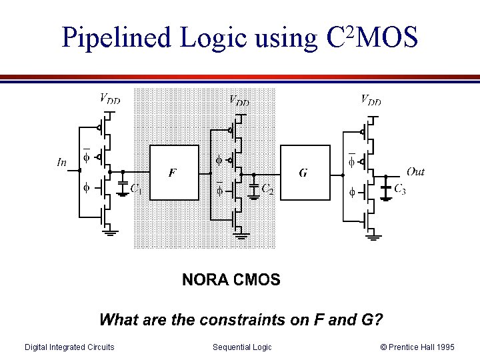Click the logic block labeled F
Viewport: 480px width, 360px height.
click(174, 173)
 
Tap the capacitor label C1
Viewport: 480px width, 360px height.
click(135, 189)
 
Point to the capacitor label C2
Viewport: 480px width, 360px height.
click(267, 189)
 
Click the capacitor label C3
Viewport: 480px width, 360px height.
click(399, 189)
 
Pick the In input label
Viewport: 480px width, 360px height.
click(62, 161)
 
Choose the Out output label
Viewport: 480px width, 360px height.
click(415, 172)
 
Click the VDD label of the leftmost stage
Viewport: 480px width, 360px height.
click(110, 99)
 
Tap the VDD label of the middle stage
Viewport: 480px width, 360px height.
click(239, 101)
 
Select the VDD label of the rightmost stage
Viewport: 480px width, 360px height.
click(371, 101)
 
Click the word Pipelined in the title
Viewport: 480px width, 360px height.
click(117, 38)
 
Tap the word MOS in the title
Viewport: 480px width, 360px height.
click(388, 38)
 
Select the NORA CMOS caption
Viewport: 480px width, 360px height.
click(231, 280)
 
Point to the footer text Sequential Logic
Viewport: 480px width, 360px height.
click(242, 347)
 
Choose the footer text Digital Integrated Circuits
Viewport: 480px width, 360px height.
click(69, 347)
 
